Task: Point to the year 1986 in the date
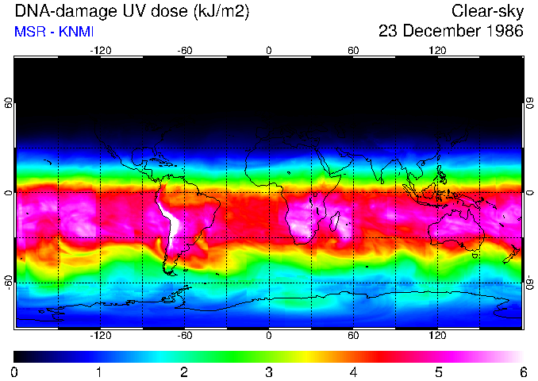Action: tap(504, 32)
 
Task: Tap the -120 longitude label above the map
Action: tap(100, 50)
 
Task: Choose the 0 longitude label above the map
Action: tap(269, 50)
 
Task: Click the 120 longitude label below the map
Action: tap(437, 336)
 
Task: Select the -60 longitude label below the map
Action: tap(185, 336)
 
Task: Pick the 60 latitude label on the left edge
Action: tap(9, 107)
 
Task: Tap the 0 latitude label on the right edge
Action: tap(529, 193)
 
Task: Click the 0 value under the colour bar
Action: tap(15, 371)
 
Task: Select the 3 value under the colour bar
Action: tap(269, 371)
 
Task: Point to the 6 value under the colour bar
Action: tap(522, 371)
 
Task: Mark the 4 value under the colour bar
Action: tap(353, 371)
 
